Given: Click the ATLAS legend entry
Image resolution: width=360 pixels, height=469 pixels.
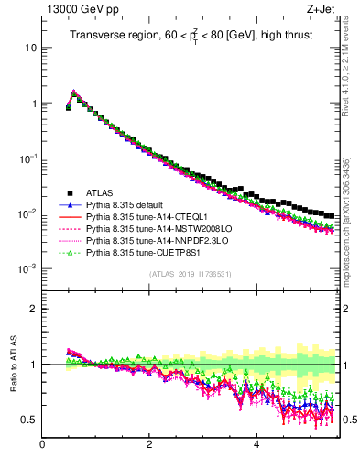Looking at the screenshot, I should pos(100,192).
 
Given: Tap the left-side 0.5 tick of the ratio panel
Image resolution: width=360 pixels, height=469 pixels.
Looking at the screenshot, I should pos(29,420).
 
